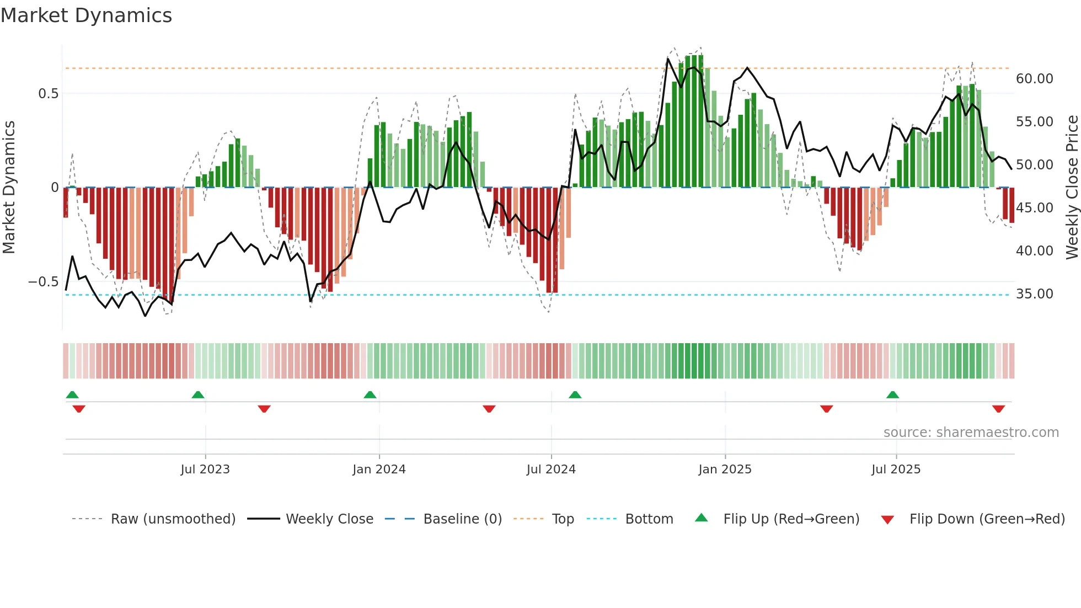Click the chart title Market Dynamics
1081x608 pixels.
pos(87,15)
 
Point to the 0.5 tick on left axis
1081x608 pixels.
pos(48,94)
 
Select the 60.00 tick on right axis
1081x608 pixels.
pos(1034,79)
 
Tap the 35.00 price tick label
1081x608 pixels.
pos(1034,294)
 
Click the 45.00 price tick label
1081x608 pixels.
pos(1034,208)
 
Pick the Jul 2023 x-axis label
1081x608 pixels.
pos(205,470)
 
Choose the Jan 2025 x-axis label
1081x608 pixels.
pos(725,470)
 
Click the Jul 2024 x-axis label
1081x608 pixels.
pos(551,470)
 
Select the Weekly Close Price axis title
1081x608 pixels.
pos(1072,188)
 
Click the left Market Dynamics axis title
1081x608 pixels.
pos(9,188)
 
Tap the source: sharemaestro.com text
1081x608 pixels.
pos(971,433)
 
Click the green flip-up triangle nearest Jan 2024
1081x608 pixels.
pos(370,395)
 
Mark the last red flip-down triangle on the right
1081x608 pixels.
pos(998,409)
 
